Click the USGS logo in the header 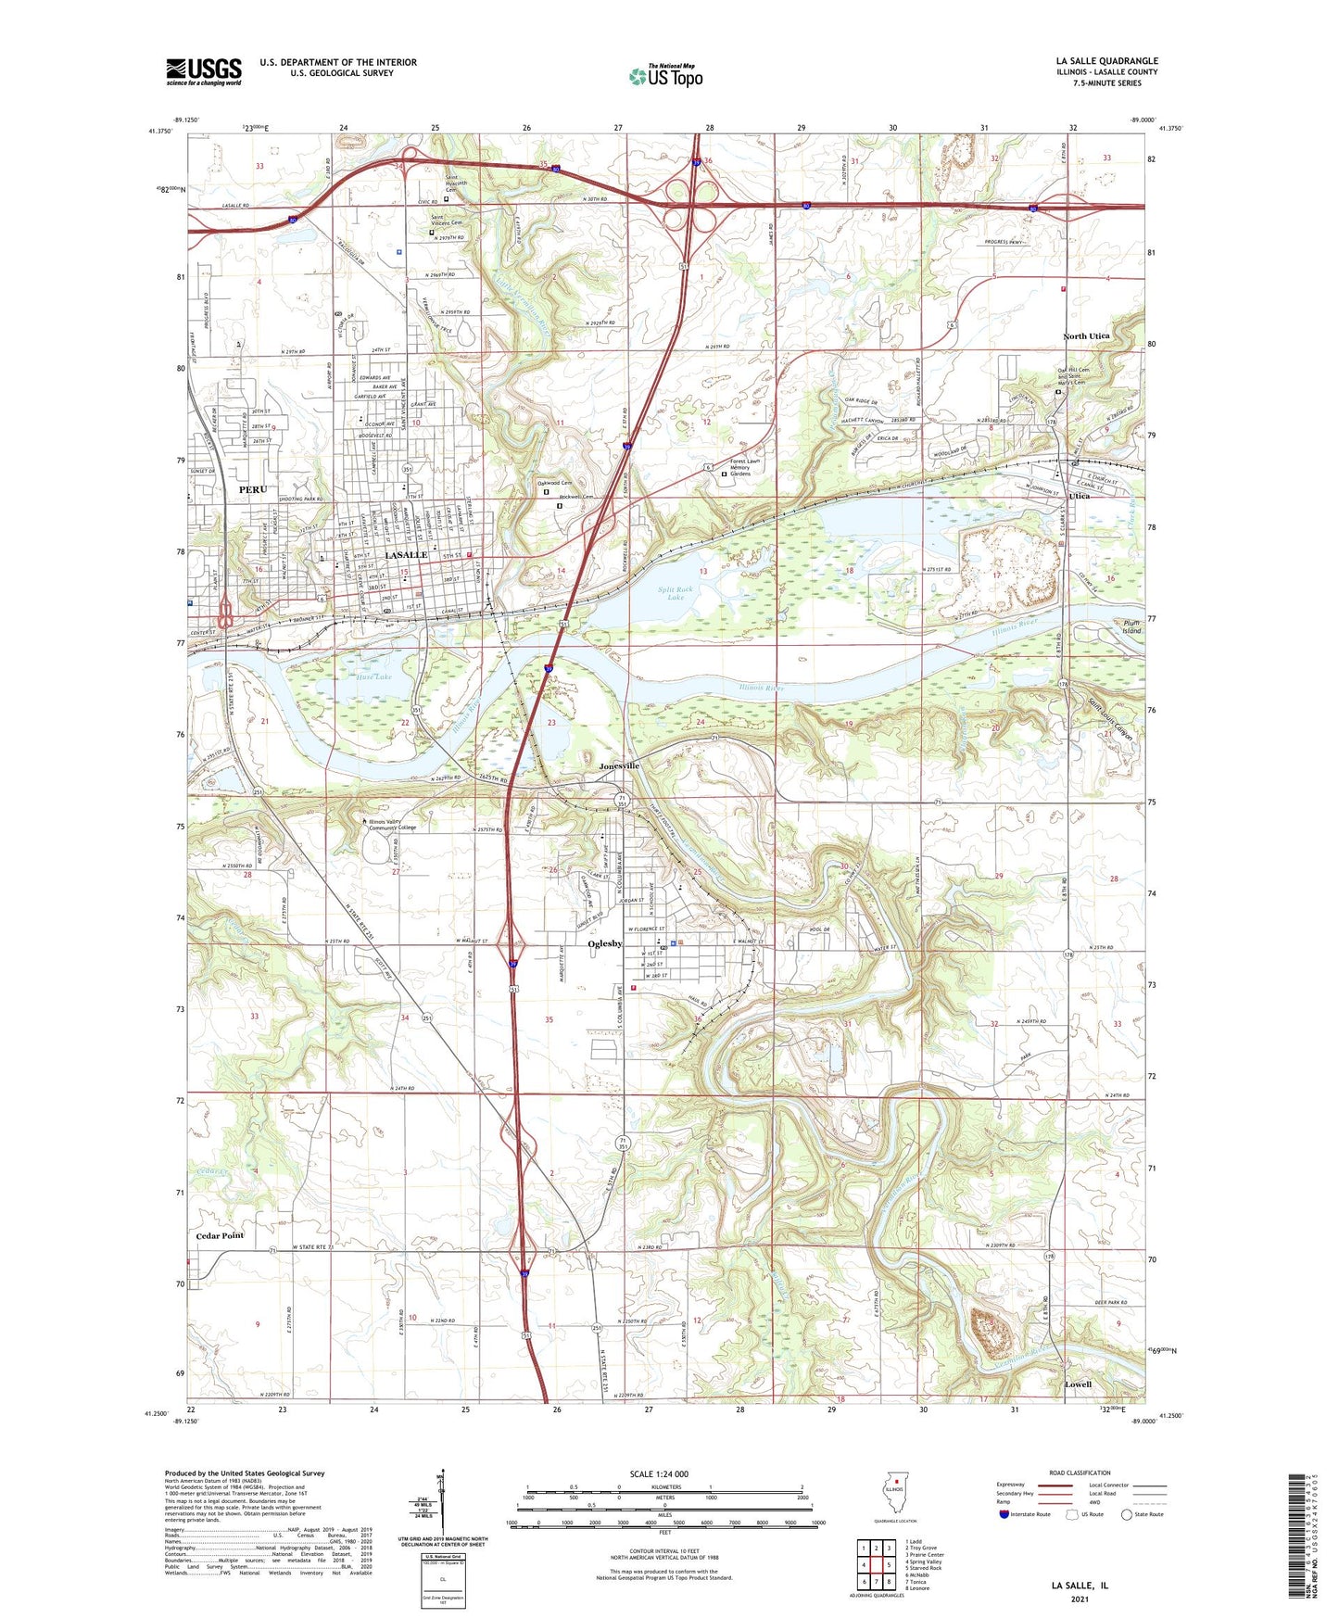pyautogui.click(x=203, y=71)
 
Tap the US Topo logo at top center pyautogui.click(x=665, y=76)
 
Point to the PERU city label pyautogui.click(x=252, y=489)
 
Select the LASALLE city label pyautogui.click(x=406, y=554)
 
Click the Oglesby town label pyautogui.click(x=604, y=944)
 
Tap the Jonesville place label pyautogui.click(x=619, y=766)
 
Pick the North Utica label pyautogui.click(x=1086, y=336)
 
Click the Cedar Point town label pyautogui.click(x=220, y=1235)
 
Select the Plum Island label pyautogui.click(x=1130, y=626)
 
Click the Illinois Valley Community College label pyautogui.click(x=393, y=824)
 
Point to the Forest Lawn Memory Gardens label pyautogui.click(x=749, y=467)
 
